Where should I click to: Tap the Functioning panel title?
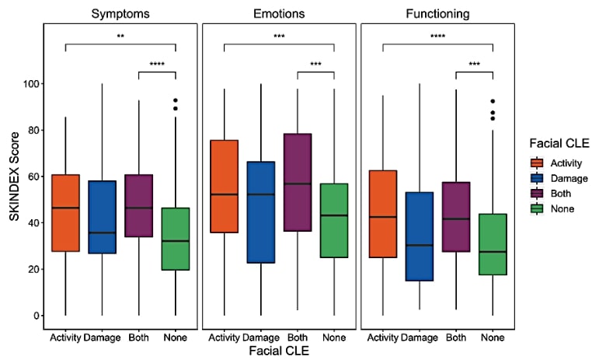[x=437, y=14]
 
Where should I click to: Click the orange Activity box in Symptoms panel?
[x=65, y=213]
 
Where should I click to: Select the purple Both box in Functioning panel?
[x=457, y=217]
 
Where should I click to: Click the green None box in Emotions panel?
[x=334, y=221]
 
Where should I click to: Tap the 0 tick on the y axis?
[x=33, y=316]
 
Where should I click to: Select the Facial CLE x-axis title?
[x=279, y=351]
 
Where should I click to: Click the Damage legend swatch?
[x=537, y=178]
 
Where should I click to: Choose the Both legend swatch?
[x=537, y=194]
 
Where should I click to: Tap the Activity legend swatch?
[x=537, y=163]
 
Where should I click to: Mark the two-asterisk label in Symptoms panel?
[x=120, y=37]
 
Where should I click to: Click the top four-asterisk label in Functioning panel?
[x=437, y=37]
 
